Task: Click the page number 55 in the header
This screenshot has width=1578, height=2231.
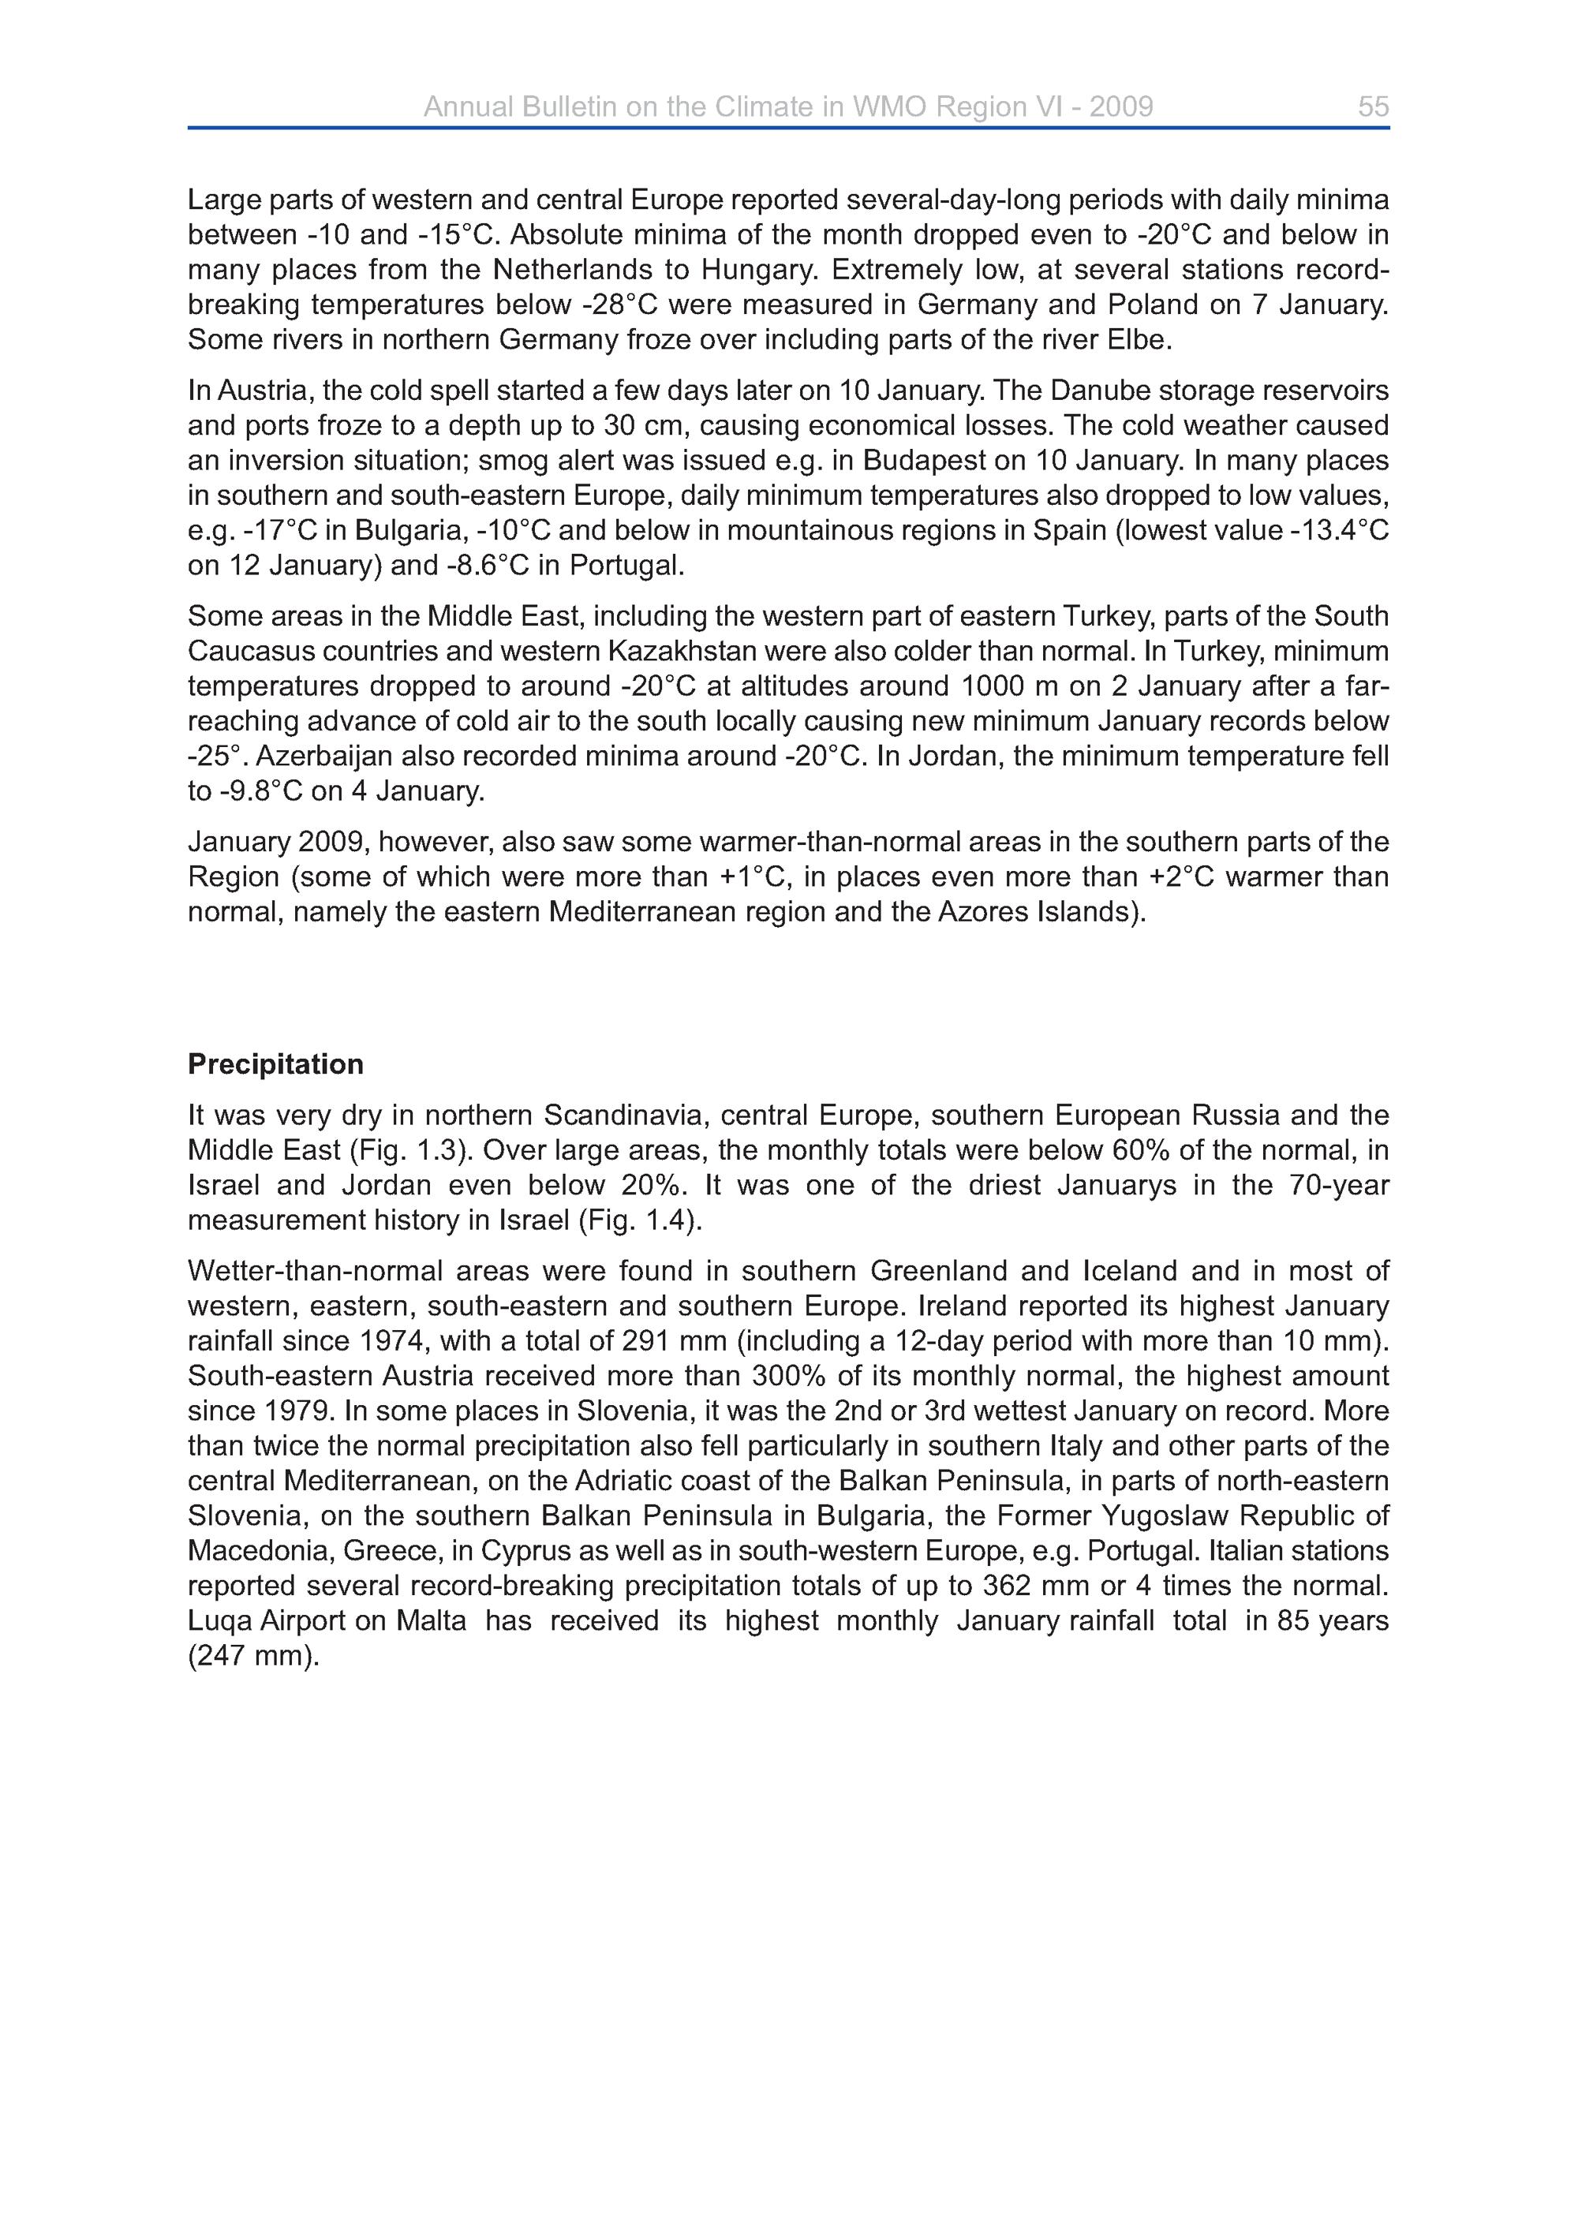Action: [x=1373, y=107]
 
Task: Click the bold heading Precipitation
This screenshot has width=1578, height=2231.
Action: [x=275, y=1064]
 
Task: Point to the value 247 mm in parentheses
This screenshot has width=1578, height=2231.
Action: [x=252, y=1656]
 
